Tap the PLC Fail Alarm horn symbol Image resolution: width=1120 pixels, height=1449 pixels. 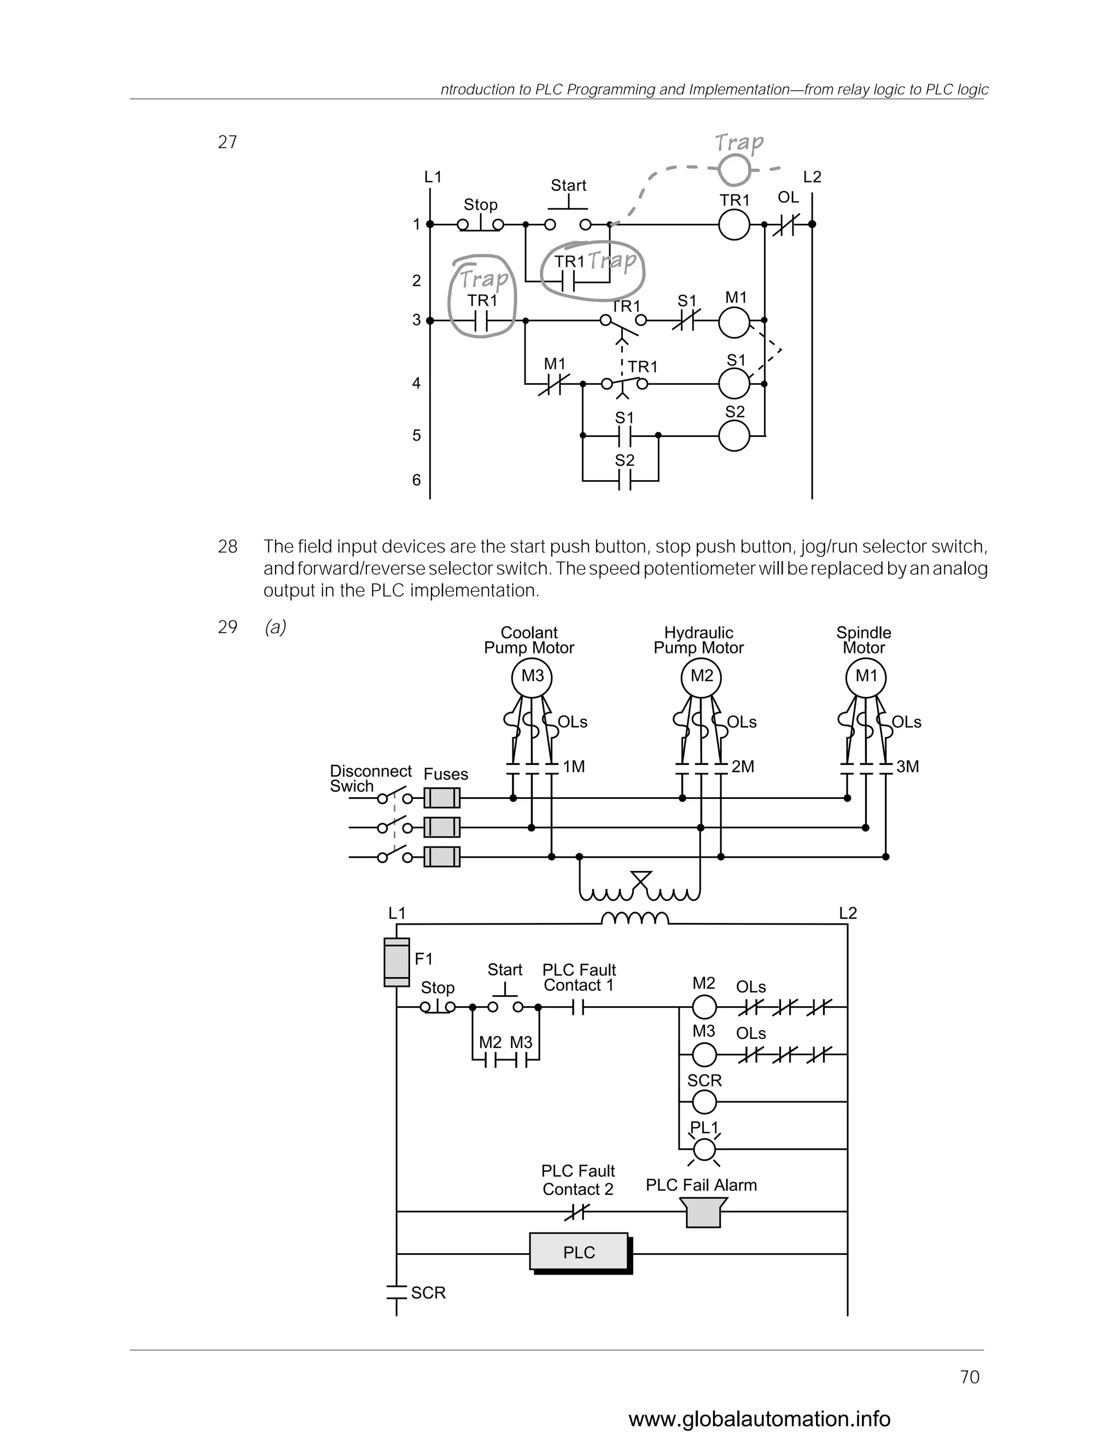[x=703, y=1213]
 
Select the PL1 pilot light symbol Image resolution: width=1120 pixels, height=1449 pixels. [x=704, y=1148]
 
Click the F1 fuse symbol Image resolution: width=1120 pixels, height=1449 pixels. [x=397, y=962]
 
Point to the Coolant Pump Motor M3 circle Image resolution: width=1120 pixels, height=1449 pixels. [x=532, y=677]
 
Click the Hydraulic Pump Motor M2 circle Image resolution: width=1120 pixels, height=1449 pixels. [x=701, y=677]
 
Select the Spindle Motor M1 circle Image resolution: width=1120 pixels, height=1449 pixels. [x=866, y=677]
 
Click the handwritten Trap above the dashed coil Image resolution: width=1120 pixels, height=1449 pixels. [x=739, y=142]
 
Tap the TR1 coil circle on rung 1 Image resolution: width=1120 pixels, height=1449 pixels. [x=734, y=225]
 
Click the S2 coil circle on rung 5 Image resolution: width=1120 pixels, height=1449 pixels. [x=734, y=436]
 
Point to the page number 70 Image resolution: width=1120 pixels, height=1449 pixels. [x=970, y=1377]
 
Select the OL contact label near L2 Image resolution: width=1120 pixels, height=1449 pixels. [x=788, y=197]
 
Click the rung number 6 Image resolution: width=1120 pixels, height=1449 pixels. [x=417, y=480]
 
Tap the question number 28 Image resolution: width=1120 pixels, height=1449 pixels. [x=227, y=547]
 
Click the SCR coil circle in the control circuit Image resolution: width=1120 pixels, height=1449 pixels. [x=704, y=1102]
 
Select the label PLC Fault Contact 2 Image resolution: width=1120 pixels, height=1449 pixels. [x=578, y=1179]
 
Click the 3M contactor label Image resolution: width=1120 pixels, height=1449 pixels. [x=907, y=767]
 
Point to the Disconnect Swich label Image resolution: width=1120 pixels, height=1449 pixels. [x=370, y=778]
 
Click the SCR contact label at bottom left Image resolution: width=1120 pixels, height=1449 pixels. [x=428, y=1293]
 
